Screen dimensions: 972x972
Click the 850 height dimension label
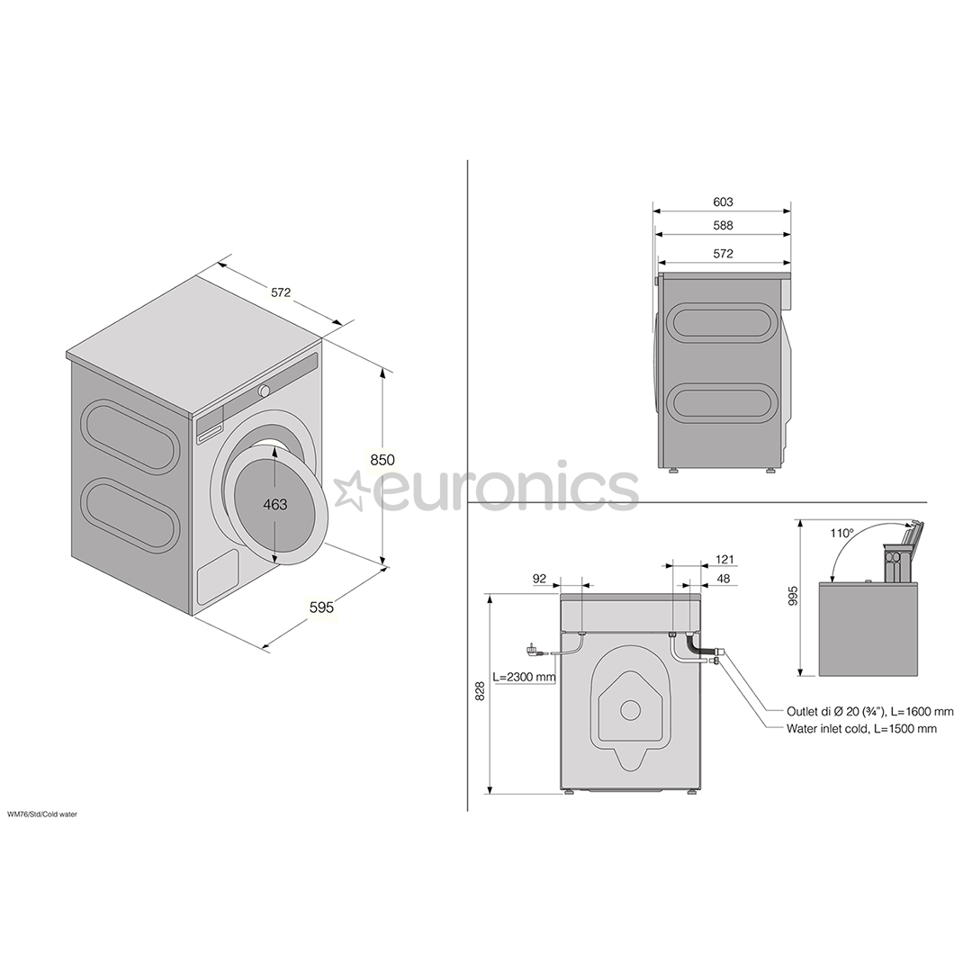coord(382,460)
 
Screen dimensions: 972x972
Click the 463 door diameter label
coord(275,505)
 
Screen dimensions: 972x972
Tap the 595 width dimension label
coord(321,607)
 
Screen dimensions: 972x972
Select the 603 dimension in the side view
coord(723,202)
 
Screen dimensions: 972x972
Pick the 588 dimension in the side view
coord(723,226)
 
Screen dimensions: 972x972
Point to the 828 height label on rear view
coord(481,691)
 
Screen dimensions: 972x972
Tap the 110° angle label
coord(841,533)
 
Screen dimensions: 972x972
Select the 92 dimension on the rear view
coord(540,580)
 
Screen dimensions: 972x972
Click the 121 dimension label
coord(725,560)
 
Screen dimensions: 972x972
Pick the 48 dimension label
coord(724,580)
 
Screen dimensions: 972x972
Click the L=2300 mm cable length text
coord(524,677)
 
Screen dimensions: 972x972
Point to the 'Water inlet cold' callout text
coord(861,728)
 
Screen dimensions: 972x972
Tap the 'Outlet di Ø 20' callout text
coord(869,711)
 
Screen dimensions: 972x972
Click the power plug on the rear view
coord(534,648)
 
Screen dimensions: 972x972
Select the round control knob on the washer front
coord(265,391)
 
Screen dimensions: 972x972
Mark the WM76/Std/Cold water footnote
coord(42,814)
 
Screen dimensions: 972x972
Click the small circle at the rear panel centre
coord(630,709)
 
